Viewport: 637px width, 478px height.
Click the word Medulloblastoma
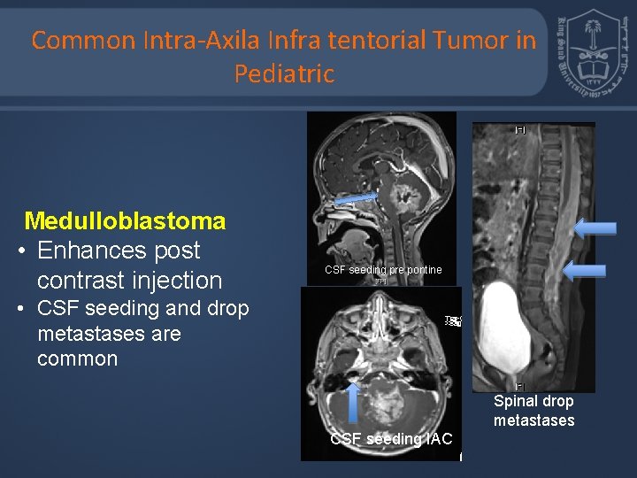[x=125, y=220]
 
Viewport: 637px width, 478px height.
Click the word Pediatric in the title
[x=284, y=73]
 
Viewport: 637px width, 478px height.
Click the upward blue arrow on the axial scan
[x=353, y=400]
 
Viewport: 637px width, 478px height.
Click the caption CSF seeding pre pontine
[x=382, y=269]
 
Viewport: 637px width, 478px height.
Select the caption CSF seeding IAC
[x=390, y=439]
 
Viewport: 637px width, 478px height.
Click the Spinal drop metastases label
[x=533, y=411]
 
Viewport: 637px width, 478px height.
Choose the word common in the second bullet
[x=77, y=358]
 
